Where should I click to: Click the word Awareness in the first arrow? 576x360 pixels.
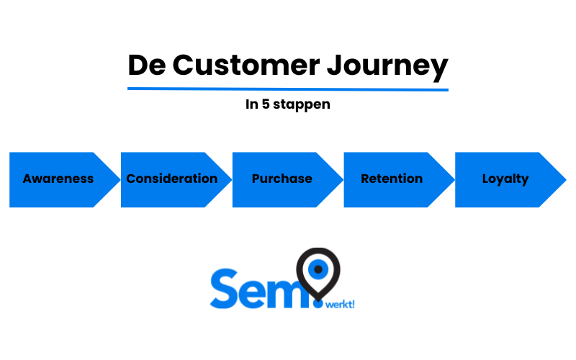(58, 179)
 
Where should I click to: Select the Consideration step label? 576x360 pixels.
(172, 179)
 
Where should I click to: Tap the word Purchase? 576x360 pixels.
(282, 179)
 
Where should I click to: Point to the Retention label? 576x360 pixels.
(392, 179)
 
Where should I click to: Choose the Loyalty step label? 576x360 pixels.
(505, 179)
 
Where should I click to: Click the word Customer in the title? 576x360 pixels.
(246, 66)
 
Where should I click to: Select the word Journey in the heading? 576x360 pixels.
(387, 67)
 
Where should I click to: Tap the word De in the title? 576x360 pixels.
(147, 66)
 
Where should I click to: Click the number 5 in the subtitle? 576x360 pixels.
(266, 104)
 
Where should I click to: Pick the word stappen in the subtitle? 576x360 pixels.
(302, 104)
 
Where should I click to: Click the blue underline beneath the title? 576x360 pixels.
(287, 89)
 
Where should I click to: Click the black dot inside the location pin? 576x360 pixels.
(318, 269)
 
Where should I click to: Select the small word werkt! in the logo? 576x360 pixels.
(340, 305)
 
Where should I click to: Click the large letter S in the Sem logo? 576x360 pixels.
(225, 289)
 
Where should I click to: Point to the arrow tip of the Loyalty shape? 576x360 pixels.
(566, 179)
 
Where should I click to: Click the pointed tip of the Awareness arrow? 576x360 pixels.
(120, 179)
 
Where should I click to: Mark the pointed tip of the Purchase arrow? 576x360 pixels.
(343, 179)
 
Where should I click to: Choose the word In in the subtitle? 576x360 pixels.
(251, 104)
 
